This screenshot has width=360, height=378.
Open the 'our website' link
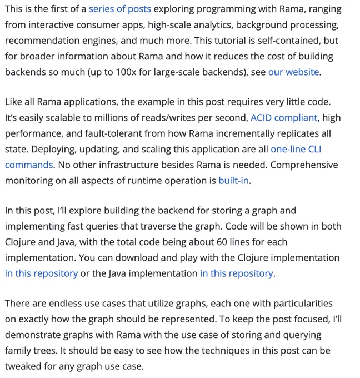pyautogui.click(x=293, y=72)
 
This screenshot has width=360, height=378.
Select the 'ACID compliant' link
pyautogui.click(x=284, y=118)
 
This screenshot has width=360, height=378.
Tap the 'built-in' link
pyautogui.click(x=233, y=180)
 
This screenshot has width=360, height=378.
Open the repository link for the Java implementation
pyautogui.click(x=236, y=273)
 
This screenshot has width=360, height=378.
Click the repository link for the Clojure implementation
pyautogui.click(x=41, y=273)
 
